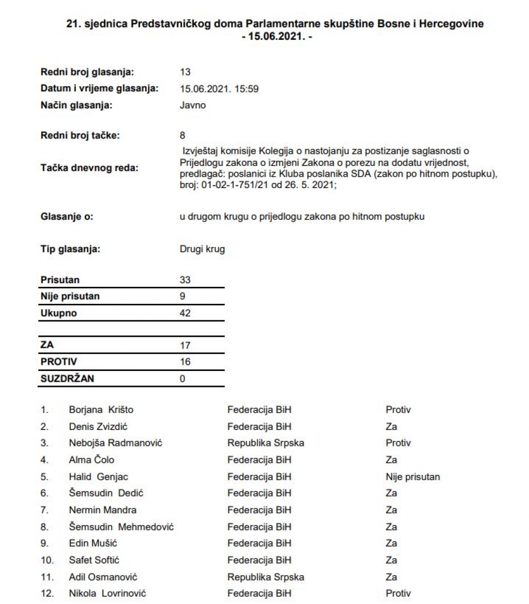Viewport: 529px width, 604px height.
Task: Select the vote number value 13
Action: pos(185,72)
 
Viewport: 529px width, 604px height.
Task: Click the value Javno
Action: pos(192,105)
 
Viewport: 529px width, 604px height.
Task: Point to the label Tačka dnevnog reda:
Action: pos(89,168)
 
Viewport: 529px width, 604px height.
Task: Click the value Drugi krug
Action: pos(202,249)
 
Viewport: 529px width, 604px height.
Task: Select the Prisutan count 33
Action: pos(185,280)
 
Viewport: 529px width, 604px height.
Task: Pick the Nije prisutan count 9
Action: pos(182,297)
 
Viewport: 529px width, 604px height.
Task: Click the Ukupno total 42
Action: pos(185,313)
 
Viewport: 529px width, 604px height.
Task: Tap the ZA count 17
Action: pos(185,346)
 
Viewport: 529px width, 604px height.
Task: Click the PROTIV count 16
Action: pos(185,362)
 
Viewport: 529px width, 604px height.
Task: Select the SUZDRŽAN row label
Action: pos(67,379)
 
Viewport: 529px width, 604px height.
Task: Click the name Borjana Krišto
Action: pos(101,410)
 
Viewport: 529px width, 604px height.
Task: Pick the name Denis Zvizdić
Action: pos(98,427)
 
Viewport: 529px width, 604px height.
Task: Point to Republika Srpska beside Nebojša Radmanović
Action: pos(266,443)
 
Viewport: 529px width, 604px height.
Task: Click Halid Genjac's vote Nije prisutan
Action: pos(413,477)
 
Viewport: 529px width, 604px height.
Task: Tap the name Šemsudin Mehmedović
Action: pos(121,527)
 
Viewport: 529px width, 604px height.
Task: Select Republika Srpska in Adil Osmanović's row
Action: pos(266,577)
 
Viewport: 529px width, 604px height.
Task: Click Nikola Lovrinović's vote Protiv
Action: pos(398,594)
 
